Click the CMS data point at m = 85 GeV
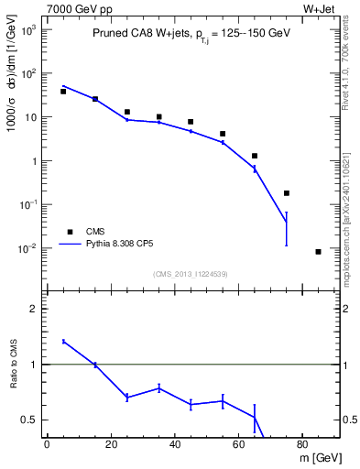(318, 252)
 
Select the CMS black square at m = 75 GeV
(287, 193)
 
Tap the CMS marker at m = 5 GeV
(63, 92)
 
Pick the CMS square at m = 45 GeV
(191, 122)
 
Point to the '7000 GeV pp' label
(74, 8)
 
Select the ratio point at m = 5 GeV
(63, 342)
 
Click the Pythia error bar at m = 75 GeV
(287, 228)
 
